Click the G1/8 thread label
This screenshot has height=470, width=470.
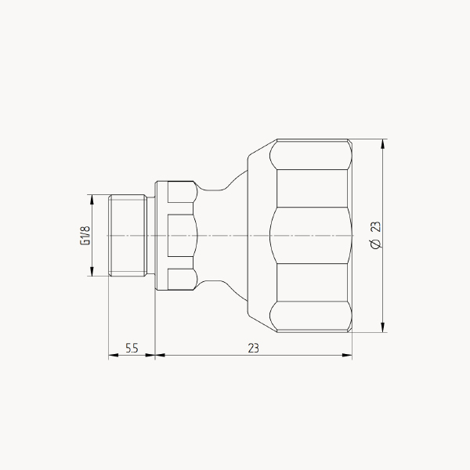coord(85,235)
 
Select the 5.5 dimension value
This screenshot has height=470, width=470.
coord(132,349)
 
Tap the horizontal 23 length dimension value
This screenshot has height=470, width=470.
coord(253,349)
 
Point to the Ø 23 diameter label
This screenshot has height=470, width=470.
coord(375,235)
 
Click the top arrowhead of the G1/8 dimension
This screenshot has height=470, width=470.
coord(92,199)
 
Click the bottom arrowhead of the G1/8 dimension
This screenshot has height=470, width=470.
coord(92,271)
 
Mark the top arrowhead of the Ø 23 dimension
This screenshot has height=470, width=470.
coord(382,144)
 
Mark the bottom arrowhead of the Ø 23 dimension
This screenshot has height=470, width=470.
coord(382,327)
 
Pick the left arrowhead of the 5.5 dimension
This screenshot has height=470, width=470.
coord(113,355)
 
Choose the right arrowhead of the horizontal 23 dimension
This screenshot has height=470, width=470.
coord(347,355)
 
